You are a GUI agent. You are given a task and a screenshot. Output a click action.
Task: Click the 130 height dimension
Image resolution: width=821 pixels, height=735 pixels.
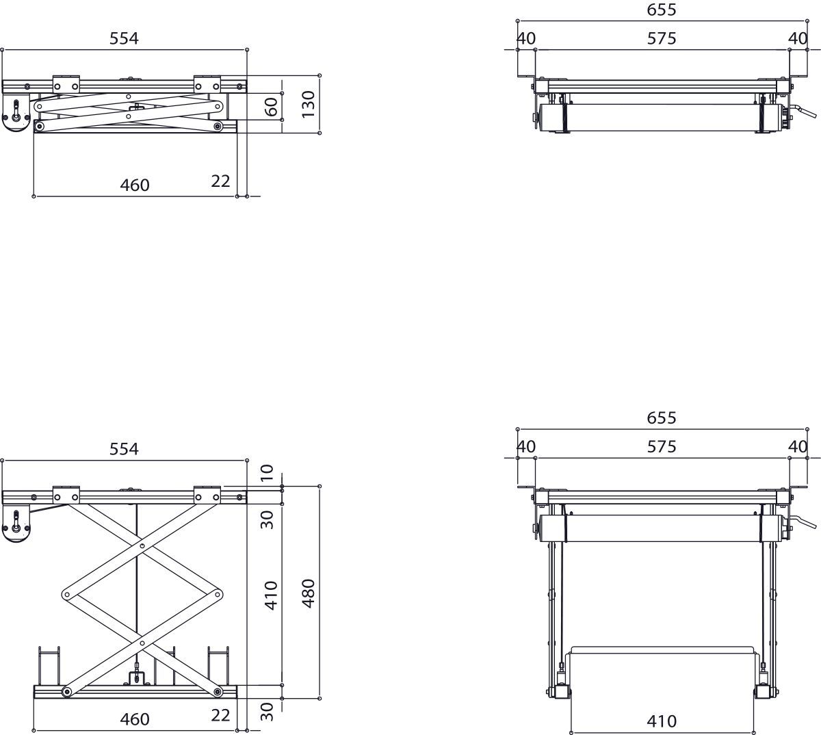pos(309,104)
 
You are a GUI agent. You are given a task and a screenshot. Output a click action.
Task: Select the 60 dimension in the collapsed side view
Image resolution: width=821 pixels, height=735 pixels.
pos(272,106)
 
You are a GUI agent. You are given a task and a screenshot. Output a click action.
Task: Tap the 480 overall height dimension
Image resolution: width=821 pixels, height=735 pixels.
pos(309,593)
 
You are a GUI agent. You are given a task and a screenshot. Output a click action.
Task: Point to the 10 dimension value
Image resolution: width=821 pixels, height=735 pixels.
pos(268,472)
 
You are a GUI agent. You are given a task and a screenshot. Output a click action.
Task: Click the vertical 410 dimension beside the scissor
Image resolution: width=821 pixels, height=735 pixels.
pos(272,595)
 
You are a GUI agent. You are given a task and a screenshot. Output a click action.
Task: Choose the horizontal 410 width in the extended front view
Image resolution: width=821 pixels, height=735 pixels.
pos(661,721)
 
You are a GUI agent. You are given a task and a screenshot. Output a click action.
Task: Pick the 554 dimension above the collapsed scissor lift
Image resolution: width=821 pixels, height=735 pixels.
pos(124,39)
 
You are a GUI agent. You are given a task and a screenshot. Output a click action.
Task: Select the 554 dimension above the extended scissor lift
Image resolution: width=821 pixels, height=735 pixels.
pos(124,449)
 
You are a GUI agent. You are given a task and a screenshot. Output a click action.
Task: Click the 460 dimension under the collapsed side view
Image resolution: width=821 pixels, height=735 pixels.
pos(135,185)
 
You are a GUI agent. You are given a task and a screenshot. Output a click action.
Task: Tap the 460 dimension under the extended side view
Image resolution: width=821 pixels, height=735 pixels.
pos(135,719)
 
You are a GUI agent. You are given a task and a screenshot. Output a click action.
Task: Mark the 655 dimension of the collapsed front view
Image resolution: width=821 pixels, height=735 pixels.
pos(661,10)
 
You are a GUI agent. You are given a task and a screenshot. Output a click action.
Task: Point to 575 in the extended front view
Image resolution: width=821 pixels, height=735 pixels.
pos(661,447)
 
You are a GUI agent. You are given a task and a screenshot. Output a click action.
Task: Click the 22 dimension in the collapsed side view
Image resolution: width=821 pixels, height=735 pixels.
pos(220,181)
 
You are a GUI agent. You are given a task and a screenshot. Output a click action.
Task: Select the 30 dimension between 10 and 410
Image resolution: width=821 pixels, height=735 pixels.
pos(268,519)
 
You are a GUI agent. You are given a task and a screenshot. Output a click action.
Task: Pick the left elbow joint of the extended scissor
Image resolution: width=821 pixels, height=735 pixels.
pos(66,594)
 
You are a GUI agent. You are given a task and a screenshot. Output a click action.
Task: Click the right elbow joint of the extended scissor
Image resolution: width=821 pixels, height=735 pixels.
pos(218,594)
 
